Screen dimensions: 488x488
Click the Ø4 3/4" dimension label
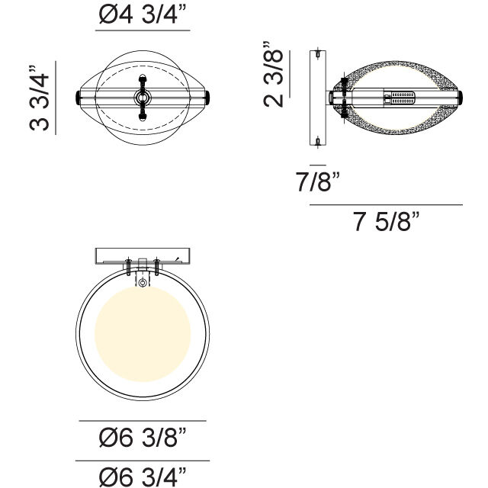coord(143,14)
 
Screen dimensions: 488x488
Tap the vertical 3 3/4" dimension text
coord(40,98)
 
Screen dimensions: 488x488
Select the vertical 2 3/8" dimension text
coord(274,74)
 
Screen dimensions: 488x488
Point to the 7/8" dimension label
coord(317,181)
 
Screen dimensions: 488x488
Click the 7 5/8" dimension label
coord(387,221)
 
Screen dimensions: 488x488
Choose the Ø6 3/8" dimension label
coord(143,437)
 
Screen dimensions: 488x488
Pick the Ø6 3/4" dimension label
coord(143,477)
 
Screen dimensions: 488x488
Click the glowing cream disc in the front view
coord(143,334)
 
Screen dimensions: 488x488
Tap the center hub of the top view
coord(143,98)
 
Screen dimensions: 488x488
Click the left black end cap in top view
coord(78,98)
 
